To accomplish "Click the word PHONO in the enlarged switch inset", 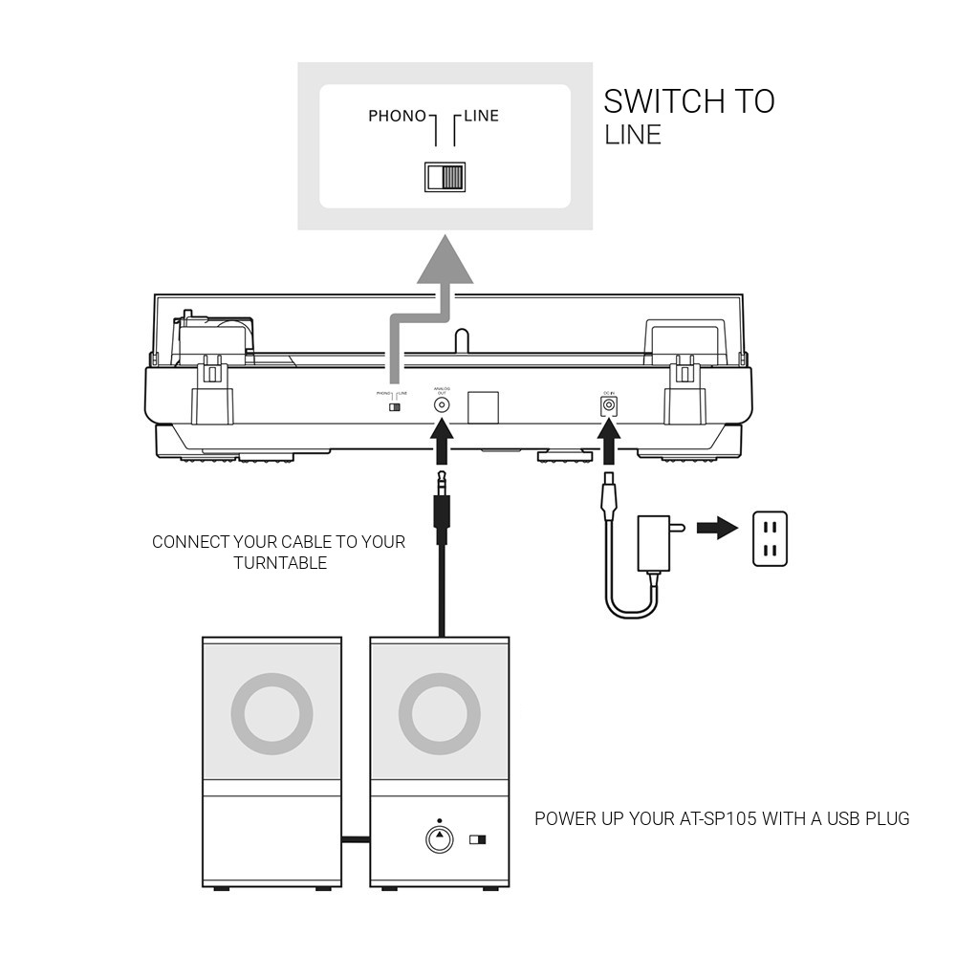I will (397, 117).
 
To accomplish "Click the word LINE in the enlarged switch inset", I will (481, 117).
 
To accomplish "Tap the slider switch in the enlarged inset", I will (445, 177).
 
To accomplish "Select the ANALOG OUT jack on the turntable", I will (442, 404).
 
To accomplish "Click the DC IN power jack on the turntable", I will (607, 405).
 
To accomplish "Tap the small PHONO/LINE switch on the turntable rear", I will (393, 407).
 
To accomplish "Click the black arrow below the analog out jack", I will (442, 442).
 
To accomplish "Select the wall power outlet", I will (770, 538).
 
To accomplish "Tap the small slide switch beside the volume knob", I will (477, 840).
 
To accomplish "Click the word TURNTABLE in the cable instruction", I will (280, 562).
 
